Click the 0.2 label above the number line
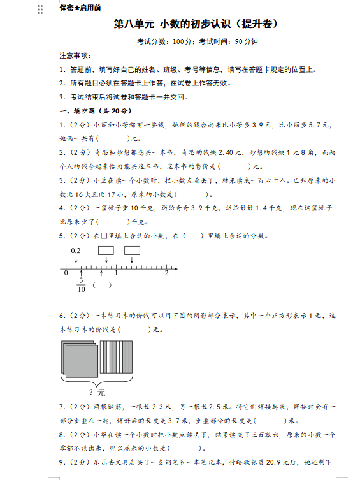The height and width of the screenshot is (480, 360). tap(76, 251)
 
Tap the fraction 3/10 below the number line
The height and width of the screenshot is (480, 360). tap(81, 285)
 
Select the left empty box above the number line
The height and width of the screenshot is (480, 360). tap(106, 251)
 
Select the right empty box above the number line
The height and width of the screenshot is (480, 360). tap(133, 251)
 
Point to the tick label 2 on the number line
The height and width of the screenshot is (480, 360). tap(166, 273)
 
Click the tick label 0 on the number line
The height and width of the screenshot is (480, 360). tap(66, 273)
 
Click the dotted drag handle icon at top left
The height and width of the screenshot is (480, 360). tap(41, 9)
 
